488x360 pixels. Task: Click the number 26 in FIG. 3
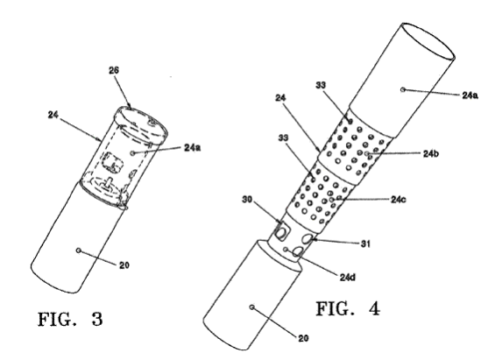(114, 70)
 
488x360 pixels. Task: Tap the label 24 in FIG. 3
(53, 115)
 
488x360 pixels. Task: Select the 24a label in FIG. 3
(193, 147)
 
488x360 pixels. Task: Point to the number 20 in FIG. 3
(124, 265)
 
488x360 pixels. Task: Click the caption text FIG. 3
(70, 319)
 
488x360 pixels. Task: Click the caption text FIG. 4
(348, 308)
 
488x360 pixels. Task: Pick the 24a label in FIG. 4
(470, 95)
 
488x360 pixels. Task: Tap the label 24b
(431, 153)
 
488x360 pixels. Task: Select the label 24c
(399, 200)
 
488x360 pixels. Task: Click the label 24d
(347, 278)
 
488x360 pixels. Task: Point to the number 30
(247, 200)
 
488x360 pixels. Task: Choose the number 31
(365, 244)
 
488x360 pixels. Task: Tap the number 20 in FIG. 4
(303, 338)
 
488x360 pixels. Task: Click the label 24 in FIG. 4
(280, 98)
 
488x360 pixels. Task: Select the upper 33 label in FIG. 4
(321, 85)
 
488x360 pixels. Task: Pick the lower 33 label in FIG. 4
(283, 138)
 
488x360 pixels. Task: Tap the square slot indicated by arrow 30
(282, 231)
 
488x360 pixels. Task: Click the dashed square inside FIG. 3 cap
(112, 162)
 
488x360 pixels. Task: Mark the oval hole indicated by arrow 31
(308, 239)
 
